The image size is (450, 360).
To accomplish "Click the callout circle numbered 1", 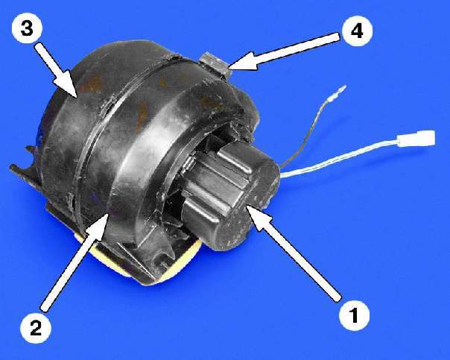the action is click(354, 315).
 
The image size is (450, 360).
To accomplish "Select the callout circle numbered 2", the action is click(36, 327).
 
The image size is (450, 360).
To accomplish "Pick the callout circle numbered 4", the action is click(357, 31).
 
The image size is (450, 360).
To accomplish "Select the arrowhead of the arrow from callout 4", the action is click(242, 62).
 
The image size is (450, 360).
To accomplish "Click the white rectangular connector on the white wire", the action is click(416, 138).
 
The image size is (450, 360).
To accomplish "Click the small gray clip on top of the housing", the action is click(216, 65).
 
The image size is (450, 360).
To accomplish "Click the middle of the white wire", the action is click(339, 159).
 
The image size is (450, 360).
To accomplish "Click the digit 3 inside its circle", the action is click(27, 28).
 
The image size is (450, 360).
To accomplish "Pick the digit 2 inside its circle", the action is click(36, 327).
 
